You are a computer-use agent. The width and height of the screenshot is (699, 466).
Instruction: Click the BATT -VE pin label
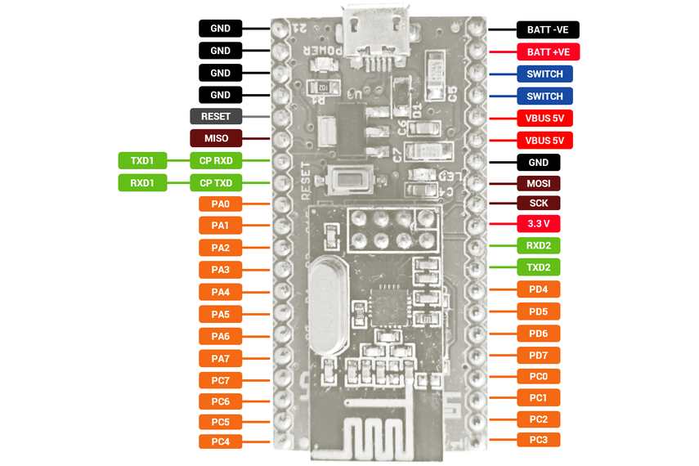click(x=548, y=30)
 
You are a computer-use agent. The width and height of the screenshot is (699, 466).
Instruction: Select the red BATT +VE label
click(x=548, y=52)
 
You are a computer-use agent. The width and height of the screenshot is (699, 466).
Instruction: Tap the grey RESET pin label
click(x=216, y=116)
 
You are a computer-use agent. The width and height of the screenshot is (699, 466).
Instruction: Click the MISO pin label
click(x=216, y=138)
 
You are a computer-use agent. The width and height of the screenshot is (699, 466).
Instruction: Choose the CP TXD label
click(x=216, y=182)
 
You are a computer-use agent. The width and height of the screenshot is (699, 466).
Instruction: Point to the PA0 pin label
click(x=220, y=204)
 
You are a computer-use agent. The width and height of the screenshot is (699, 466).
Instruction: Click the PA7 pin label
click(x=220, y=358)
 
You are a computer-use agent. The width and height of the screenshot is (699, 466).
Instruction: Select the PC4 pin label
click(x=220, y=441)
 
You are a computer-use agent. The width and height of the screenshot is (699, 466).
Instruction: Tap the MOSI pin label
click(x=539, y=183)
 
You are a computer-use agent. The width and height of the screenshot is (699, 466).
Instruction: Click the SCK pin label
click(x=539, y=203)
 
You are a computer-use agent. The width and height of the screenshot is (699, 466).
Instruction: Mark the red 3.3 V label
click(x=539, y=223)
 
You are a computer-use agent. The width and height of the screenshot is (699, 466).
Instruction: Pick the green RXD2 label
click(x=539, y=244)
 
